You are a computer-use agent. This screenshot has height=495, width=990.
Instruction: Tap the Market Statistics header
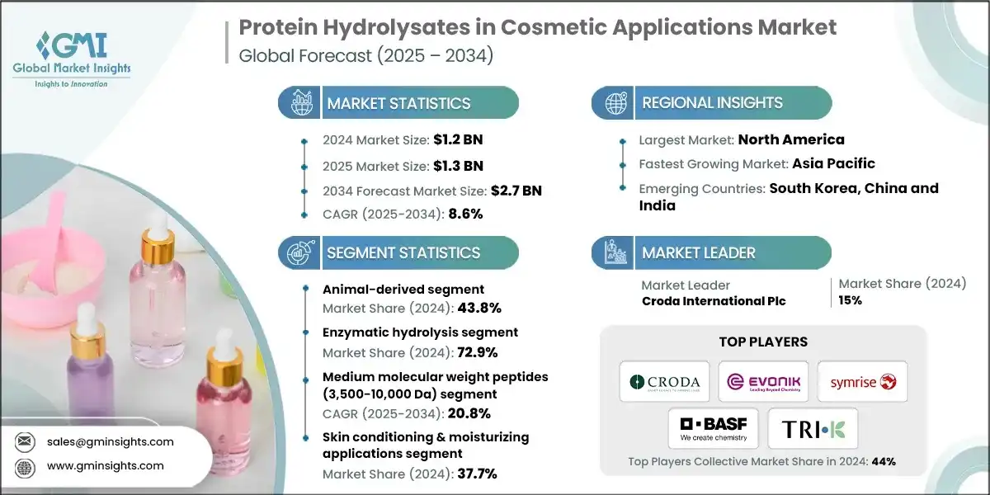coord(398,103)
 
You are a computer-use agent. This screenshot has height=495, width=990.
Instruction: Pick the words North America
coord(790,139)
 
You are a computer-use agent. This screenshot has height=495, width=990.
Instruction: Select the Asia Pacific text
coord(833,163)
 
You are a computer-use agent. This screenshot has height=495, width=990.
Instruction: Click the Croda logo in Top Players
coord(664,382)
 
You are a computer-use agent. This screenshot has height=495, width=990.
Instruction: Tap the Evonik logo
coord(763,382)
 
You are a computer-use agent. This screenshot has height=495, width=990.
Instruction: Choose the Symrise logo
coord(862,382)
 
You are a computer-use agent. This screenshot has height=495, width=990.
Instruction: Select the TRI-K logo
coord(813,428)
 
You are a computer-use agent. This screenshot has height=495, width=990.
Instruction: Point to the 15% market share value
coord(851,300)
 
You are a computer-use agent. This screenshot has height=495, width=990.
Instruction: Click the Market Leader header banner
coord(699,253)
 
